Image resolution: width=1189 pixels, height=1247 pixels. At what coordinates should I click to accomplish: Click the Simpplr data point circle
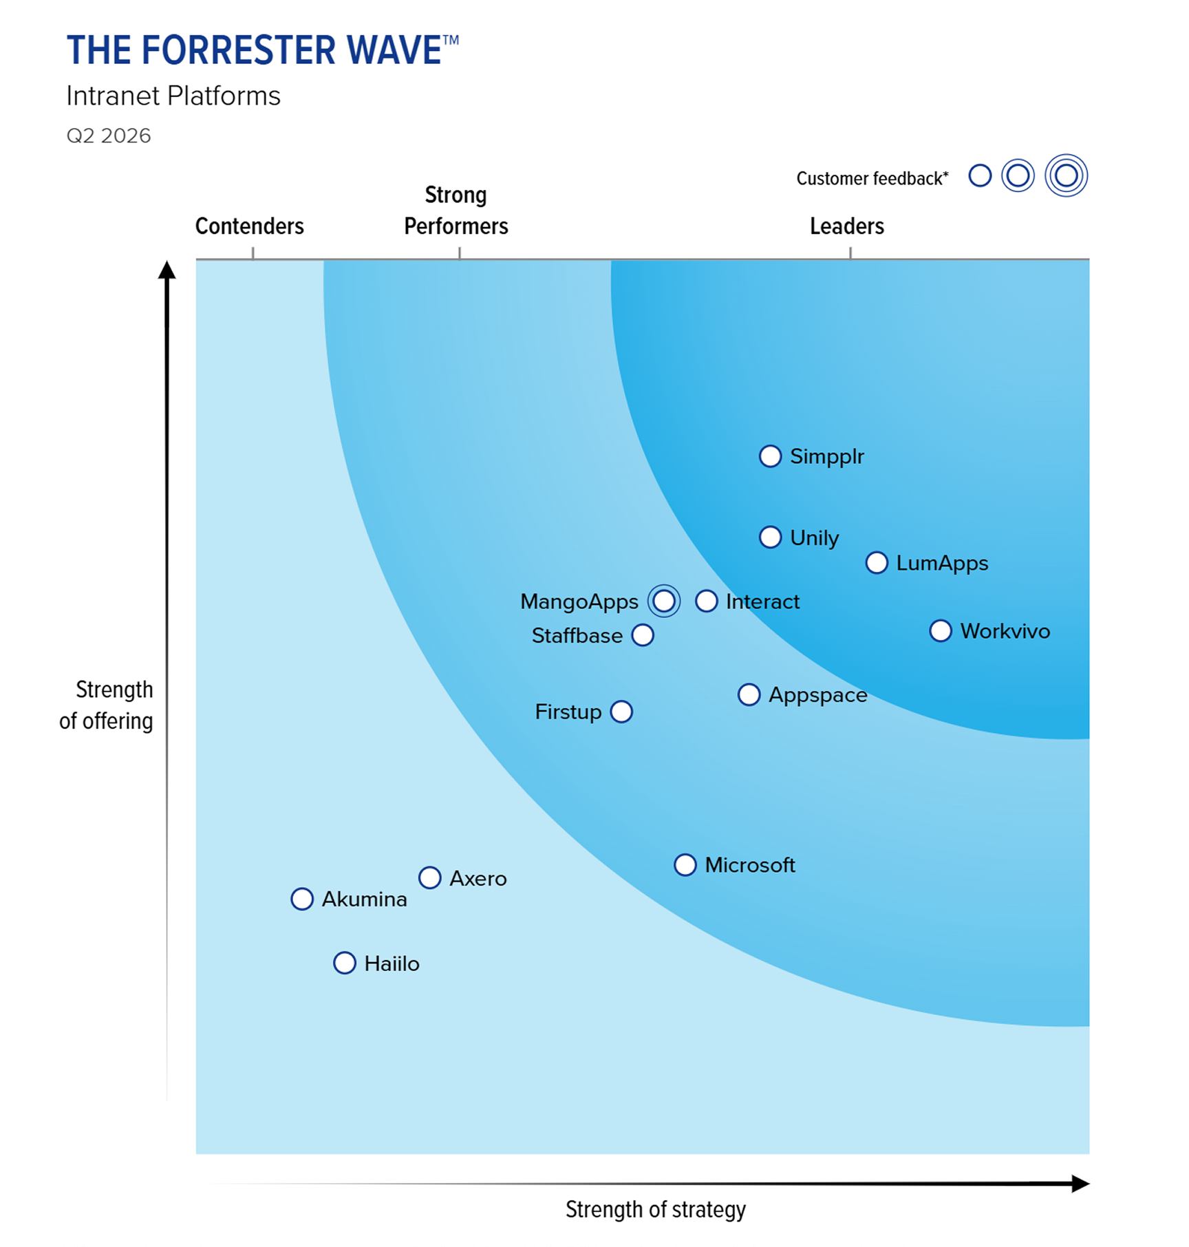coord(770,456)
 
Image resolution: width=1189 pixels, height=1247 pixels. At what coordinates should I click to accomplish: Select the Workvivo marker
coord(940,631)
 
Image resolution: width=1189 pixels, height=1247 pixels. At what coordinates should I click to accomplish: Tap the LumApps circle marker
coord(876,563)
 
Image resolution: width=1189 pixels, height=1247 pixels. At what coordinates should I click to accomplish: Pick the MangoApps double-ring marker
coord(664,601)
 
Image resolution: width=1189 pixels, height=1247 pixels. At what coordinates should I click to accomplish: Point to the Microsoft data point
coord(685,865)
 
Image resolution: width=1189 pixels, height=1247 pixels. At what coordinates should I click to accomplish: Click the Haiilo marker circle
coord(345,963)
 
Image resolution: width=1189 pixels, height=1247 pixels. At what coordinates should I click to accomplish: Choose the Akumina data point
coord(302,899)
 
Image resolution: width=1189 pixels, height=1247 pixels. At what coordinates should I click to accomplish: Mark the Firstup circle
coord(621,712)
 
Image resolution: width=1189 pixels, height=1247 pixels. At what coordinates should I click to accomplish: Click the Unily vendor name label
coord(814,537)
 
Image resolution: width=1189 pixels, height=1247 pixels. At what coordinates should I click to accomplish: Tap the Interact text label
coord(762,601)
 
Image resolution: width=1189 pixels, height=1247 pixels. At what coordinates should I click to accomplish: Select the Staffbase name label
coord(577,636)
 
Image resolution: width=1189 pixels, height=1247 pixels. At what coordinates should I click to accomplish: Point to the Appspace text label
coord(817,695)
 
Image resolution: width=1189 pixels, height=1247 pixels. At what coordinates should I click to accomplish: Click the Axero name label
coord(478,879)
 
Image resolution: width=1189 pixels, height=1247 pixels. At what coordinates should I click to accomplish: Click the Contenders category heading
coord(249,226)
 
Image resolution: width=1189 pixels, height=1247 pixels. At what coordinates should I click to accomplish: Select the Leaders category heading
coord(846,226)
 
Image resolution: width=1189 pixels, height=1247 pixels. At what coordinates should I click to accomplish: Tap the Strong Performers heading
coord(456,211)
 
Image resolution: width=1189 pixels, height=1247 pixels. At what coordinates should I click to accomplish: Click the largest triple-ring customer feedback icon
coord(1066,175)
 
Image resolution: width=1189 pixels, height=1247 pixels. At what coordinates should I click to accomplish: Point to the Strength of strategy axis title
coord(655,1209)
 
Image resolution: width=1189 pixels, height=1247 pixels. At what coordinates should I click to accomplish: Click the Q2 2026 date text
coord(109,136)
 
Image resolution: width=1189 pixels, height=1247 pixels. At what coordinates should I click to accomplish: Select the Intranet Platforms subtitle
coord(173,96)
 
